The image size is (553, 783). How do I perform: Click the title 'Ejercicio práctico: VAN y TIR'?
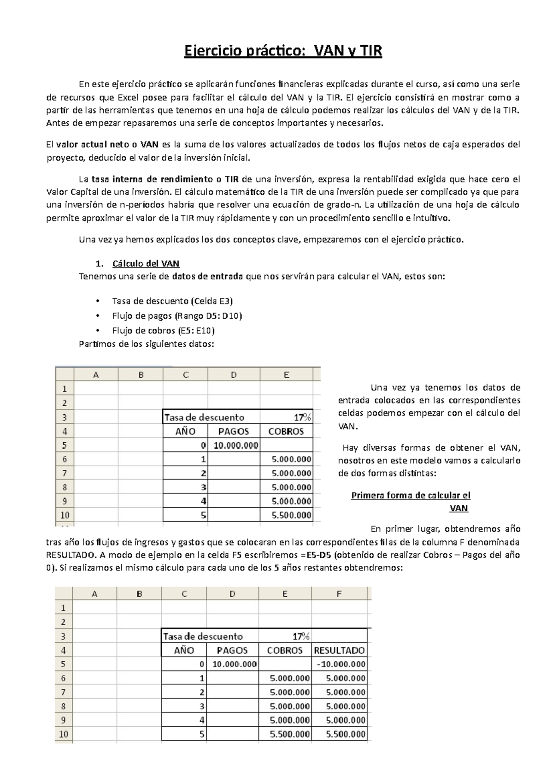(x=283, y=50)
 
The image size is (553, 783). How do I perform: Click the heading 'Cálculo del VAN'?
(x=146, y=264)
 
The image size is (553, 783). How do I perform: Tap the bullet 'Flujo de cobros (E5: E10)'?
(x=163, y=330)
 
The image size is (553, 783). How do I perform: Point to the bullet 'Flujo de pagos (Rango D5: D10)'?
(x=177, y=316)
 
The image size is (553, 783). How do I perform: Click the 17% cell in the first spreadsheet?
(x=302, y=417)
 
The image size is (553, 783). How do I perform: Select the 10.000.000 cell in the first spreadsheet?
(x=236, y=445)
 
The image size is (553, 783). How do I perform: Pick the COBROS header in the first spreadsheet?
(x=286, y=432)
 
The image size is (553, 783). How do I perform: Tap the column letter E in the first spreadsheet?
(x=286, y=375)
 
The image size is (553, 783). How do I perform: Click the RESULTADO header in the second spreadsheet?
(x=339, y=651)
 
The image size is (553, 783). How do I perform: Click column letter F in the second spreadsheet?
(x=339, y=594)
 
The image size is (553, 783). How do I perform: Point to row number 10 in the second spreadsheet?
(x=63, y=735)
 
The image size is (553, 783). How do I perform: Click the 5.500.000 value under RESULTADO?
(x=345, y=735)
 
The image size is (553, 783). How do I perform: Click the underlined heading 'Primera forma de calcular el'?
(x=411, y=496)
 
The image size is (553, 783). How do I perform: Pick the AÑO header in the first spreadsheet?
(x=185, y=432)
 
